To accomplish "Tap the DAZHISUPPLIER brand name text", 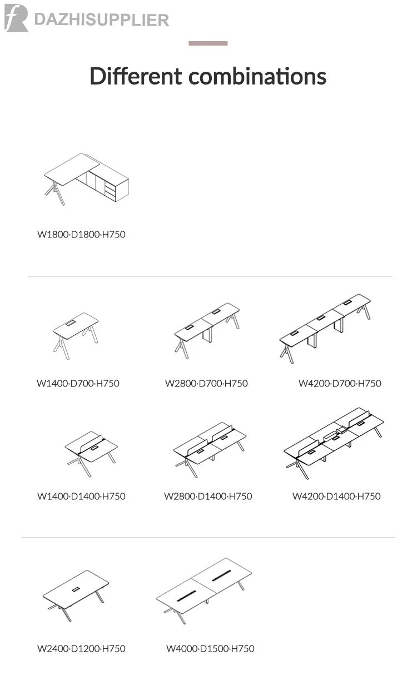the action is point(102,20).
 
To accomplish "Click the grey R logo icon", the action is point(16,18).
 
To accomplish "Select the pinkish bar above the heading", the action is point(208,43).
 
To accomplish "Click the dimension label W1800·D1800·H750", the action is point(81,235).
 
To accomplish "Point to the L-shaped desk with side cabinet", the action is point(86,179).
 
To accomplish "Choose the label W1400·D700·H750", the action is point(78,384).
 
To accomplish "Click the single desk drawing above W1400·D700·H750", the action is point(76,336).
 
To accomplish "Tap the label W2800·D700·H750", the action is point(206,384).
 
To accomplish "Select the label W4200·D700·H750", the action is point(340,384).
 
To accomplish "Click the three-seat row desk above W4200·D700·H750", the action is point(325,329).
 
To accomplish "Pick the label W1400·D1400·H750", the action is point(81,497).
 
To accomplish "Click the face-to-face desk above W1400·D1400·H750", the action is point(91,454).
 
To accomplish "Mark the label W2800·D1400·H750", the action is point(208,497).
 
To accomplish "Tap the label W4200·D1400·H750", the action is point(336,497).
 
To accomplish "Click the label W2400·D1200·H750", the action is point(81,649).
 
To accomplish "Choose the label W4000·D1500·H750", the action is point(210,649).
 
